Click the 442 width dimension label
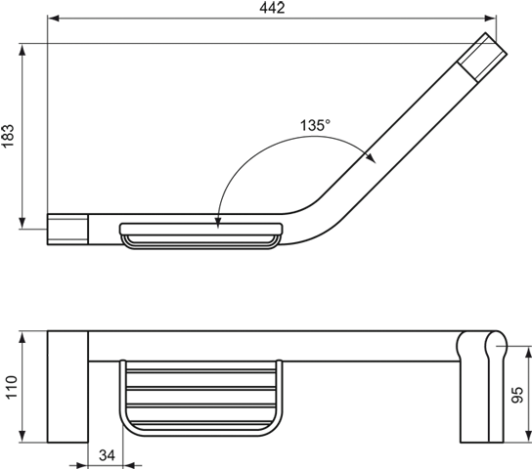272,8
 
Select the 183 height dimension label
8,136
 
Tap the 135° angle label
315,125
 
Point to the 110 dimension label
11,387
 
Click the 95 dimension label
516,395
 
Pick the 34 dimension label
107,455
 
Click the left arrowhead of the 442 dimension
53,18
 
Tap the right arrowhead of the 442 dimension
490,18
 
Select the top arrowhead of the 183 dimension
22,50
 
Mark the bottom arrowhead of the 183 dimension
22,223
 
